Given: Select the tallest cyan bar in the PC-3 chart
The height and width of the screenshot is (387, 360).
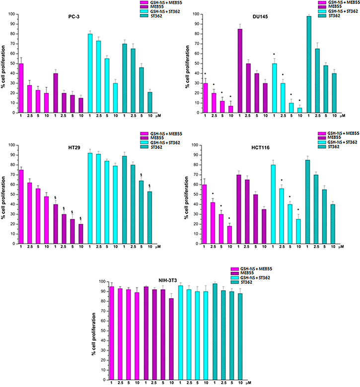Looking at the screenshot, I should pos(90,73).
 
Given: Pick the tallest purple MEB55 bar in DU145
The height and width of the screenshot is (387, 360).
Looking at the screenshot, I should pos(240,71).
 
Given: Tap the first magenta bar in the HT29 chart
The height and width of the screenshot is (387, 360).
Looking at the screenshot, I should pos(21,207).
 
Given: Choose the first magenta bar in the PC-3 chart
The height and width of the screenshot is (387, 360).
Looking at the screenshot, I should pos(21,88).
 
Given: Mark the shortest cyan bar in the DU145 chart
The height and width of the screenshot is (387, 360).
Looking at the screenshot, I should pos(299,110).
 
